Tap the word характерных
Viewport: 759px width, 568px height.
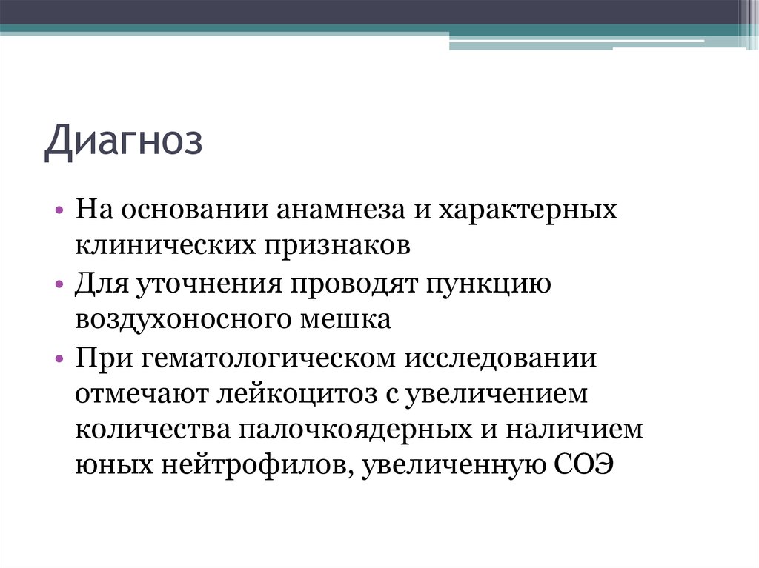tap(528, 210)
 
